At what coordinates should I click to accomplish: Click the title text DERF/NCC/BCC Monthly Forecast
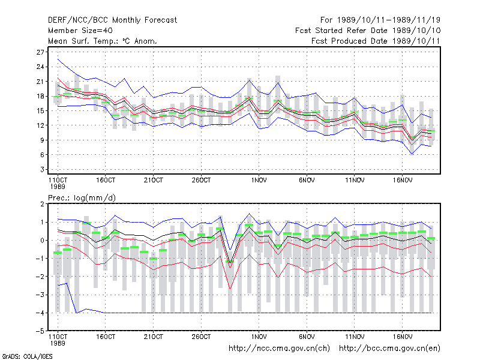[x=112, y=20]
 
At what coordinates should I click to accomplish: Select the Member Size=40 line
[x=80, y=31]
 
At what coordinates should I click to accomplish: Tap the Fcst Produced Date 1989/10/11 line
[x=376, y=41]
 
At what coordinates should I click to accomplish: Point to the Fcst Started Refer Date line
[x=368, y=31]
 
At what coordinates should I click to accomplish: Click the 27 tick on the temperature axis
[x=40, y=52]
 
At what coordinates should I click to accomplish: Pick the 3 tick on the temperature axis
[x=42, y=169]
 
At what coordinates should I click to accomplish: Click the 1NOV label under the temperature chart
[x=259, y=181]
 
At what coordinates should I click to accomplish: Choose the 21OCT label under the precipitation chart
[x=154, y=337]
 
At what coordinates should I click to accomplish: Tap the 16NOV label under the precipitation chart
[x=403, y=337]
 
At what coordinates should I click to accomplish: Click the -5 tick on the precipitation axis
[x=40, y=331]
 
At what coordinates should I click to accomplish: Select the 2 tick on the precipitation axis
[x=42, y=204]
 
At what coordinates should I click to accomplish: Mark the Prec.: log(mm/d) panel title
[x=82, y=198]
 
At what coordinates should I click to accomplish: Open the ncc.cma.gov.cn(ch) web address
[x=279, y=349]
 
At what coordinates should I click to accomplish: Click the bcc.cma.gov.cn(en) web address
[x=389, y=349]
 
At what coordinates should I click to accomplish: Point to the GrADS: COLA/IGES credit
[x=27, y=356]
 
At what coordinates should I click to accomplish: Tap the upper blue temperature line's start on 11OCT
[x=58, y=59]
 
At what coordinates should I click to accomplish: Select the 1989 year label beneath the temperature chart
[x=58, y=187]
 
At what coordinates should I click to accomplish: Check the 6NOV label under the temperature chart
[x=307, y=181]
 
